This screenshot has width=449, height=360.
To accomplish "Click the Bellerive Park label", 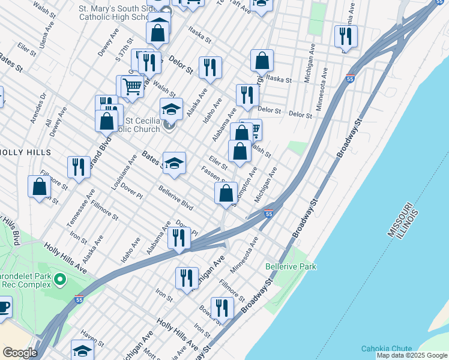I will pyautogui.click(x=291, y=265).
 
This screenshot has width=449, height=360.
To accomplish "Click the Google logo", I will pyautogui.click(x=20, y=352).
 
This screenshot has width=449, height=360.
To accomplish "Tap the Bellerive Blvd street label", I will pyautogui.click(x=175, y=198).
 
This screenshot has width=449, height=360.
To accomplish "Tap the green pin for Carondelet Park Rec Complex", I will pyautogui.click(x=59, y=279).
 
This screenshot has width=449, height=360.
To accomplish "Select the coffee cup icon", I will pyautogui.click(x=4, y=308).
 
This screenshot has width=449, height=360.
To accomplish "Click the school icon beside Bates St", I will pyautogui.click(x=174, y=164).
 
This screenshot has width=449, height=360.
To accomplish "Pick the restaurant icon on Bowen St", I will pyautogui.click(x=222, y=308).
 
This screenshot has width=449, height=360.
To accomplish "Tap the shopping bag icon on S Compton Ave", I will pyautogui.click(x=226, y=193).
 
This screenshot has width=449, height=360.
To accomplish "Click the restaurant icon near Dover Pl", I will pyautogui.click(x=179, y=238).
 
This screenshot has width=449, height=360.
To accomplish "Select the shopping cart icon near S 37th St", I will pyautogui.click(x=132, y=86).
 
